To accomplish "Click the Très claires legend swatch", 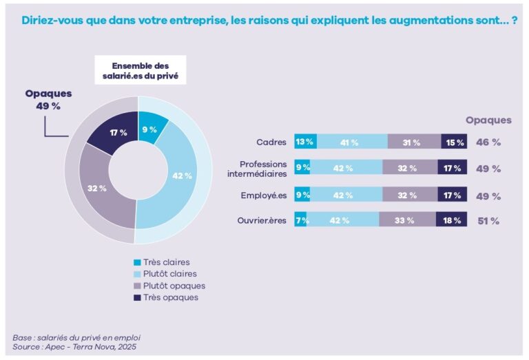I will pos(138,262).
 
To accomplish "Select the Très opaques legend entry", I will pos(165,297).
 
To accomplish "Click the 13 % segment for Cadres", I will pos(305,142).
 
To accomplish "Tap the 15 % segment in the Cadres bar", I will pos(453,142).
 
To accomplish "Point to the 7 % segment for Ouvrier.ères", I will pos(300,220).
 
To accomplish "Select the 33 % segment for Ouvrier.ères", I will pos(407,220).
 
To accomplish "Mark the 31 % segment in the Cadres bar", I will pos(413,142).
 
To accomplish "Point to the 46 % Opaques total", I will pos(488,142).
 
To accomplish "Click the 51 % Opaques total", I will pos(488,221).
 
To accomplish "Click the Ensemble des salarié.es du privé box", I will pos(140,70).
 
